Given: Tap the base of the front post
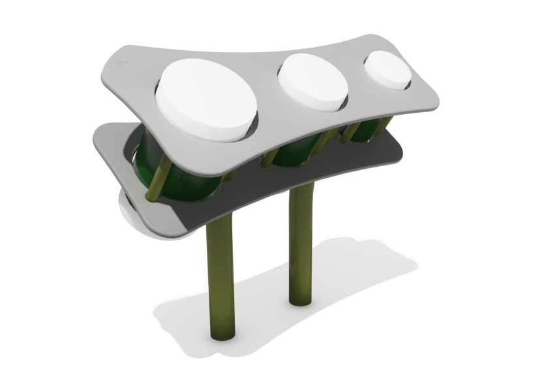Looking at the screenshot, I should pos(222,336).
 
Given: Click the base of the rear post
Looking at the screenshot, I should pos(300,301).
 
